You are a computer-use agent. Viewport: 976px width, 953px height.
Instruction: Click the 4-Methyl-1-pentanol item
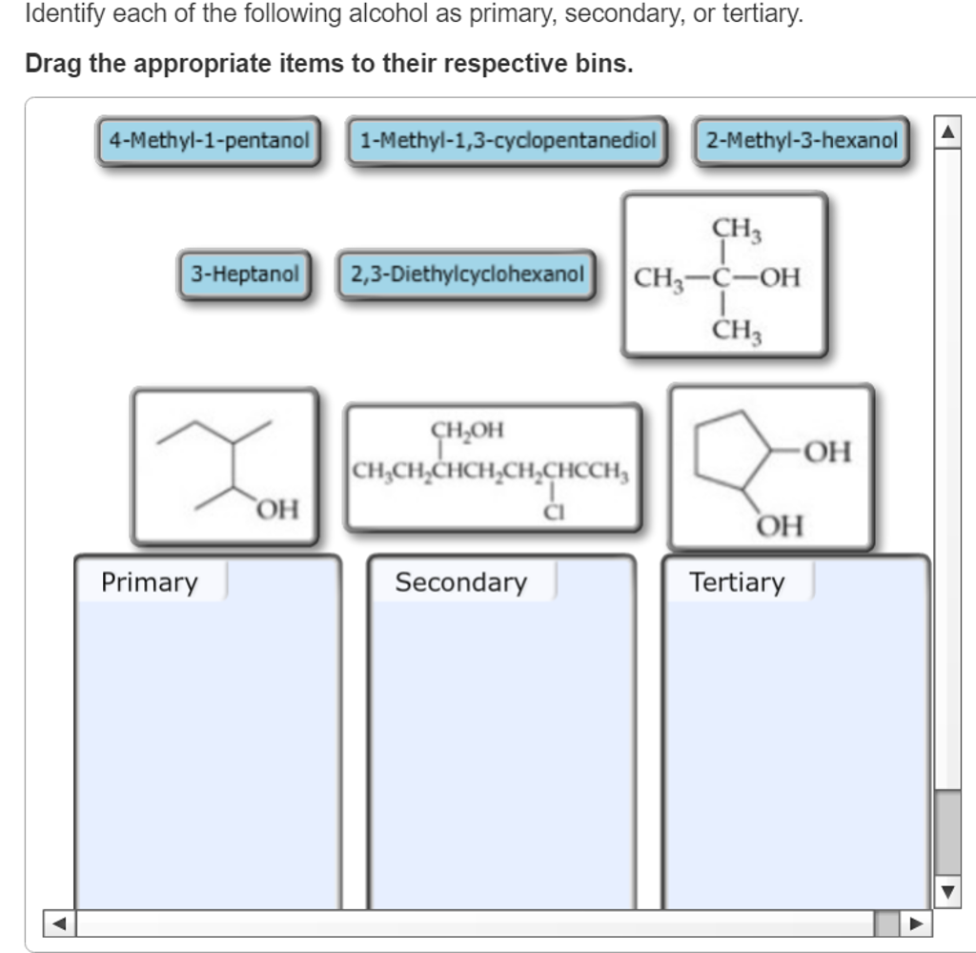pyautogui.click(x=209, y=141)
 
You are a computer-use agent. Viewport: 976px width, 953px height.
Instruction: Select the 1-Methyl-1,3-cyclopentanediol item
pyautogui.click(x=507, y=141)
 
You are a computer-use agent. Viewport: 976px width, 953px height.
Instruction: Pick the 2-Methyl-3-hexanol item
pyautogui.click(x=802, y=141)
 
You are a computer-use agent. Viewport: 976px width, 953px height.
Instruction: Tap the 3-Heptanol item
pyautogui.click(x=245, y=274)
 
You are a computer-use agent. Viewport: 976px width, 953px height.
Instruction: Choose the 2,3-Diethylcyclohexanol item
pyautogui.click(x=466, y=274)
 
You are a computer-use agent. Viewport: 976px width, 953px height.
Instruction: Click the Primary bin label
pyautogui.click(x=150, y=582)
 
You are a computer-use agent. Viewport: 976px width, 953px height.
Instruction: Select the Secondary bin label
pyautogui.click(x=460, y=582)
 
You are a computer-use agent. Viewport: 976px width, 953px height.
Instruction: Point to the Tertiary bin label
pyautogui.click(x=737, y=582)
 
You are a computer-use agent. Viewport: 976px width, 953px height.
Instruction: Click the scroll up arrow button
pyautogui.click(x=947, y=130)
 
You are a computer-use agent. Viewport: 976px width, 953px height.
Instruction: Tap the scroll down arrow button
pyautogui.click(x=947, y=893)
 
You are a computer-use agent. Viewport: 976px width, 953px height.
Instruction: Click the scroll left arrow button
pyautogui.click(x=59, y=923)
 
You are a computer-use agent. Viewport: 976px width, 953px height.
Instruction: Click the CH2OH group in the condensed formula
pyautogui.click(x=467, y=430)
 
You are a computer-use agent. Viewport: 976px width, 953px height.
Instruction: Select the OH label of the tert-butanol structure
pyautogui.click(x=780, y=278)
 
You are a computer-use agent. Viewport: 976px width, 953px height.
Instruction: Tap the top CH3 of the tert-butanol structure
pyautogui.click(x=737, y=229)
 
